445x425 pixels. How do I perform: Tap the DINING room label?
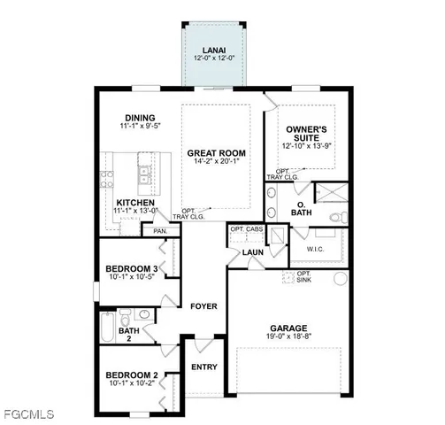click(x=140, y=118)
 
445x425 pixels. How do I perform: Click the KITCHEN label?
click(x=135, y=203)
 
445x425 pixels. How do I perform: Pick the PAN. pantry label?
click(x=160, y=230)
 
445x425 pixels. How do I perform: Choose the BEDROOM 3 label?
click(x=132, y=268)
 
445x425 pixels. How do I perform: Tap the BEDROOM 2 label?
click(x=131, y=375)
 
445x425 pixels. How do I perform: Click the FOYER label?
click(x=203, y=306)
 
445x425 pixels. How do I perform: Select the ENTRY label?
click(x=203, y=367)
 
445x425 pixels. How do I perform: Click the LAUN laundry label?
click(x=253, y=253)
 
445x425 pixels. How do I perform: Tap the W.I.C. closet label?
click(x=318, y=249)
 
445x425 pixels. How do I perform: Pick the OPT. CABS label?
click(x=247, y=229)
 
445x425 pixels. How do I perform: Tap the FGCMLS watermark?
click(x=28, y=413)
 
